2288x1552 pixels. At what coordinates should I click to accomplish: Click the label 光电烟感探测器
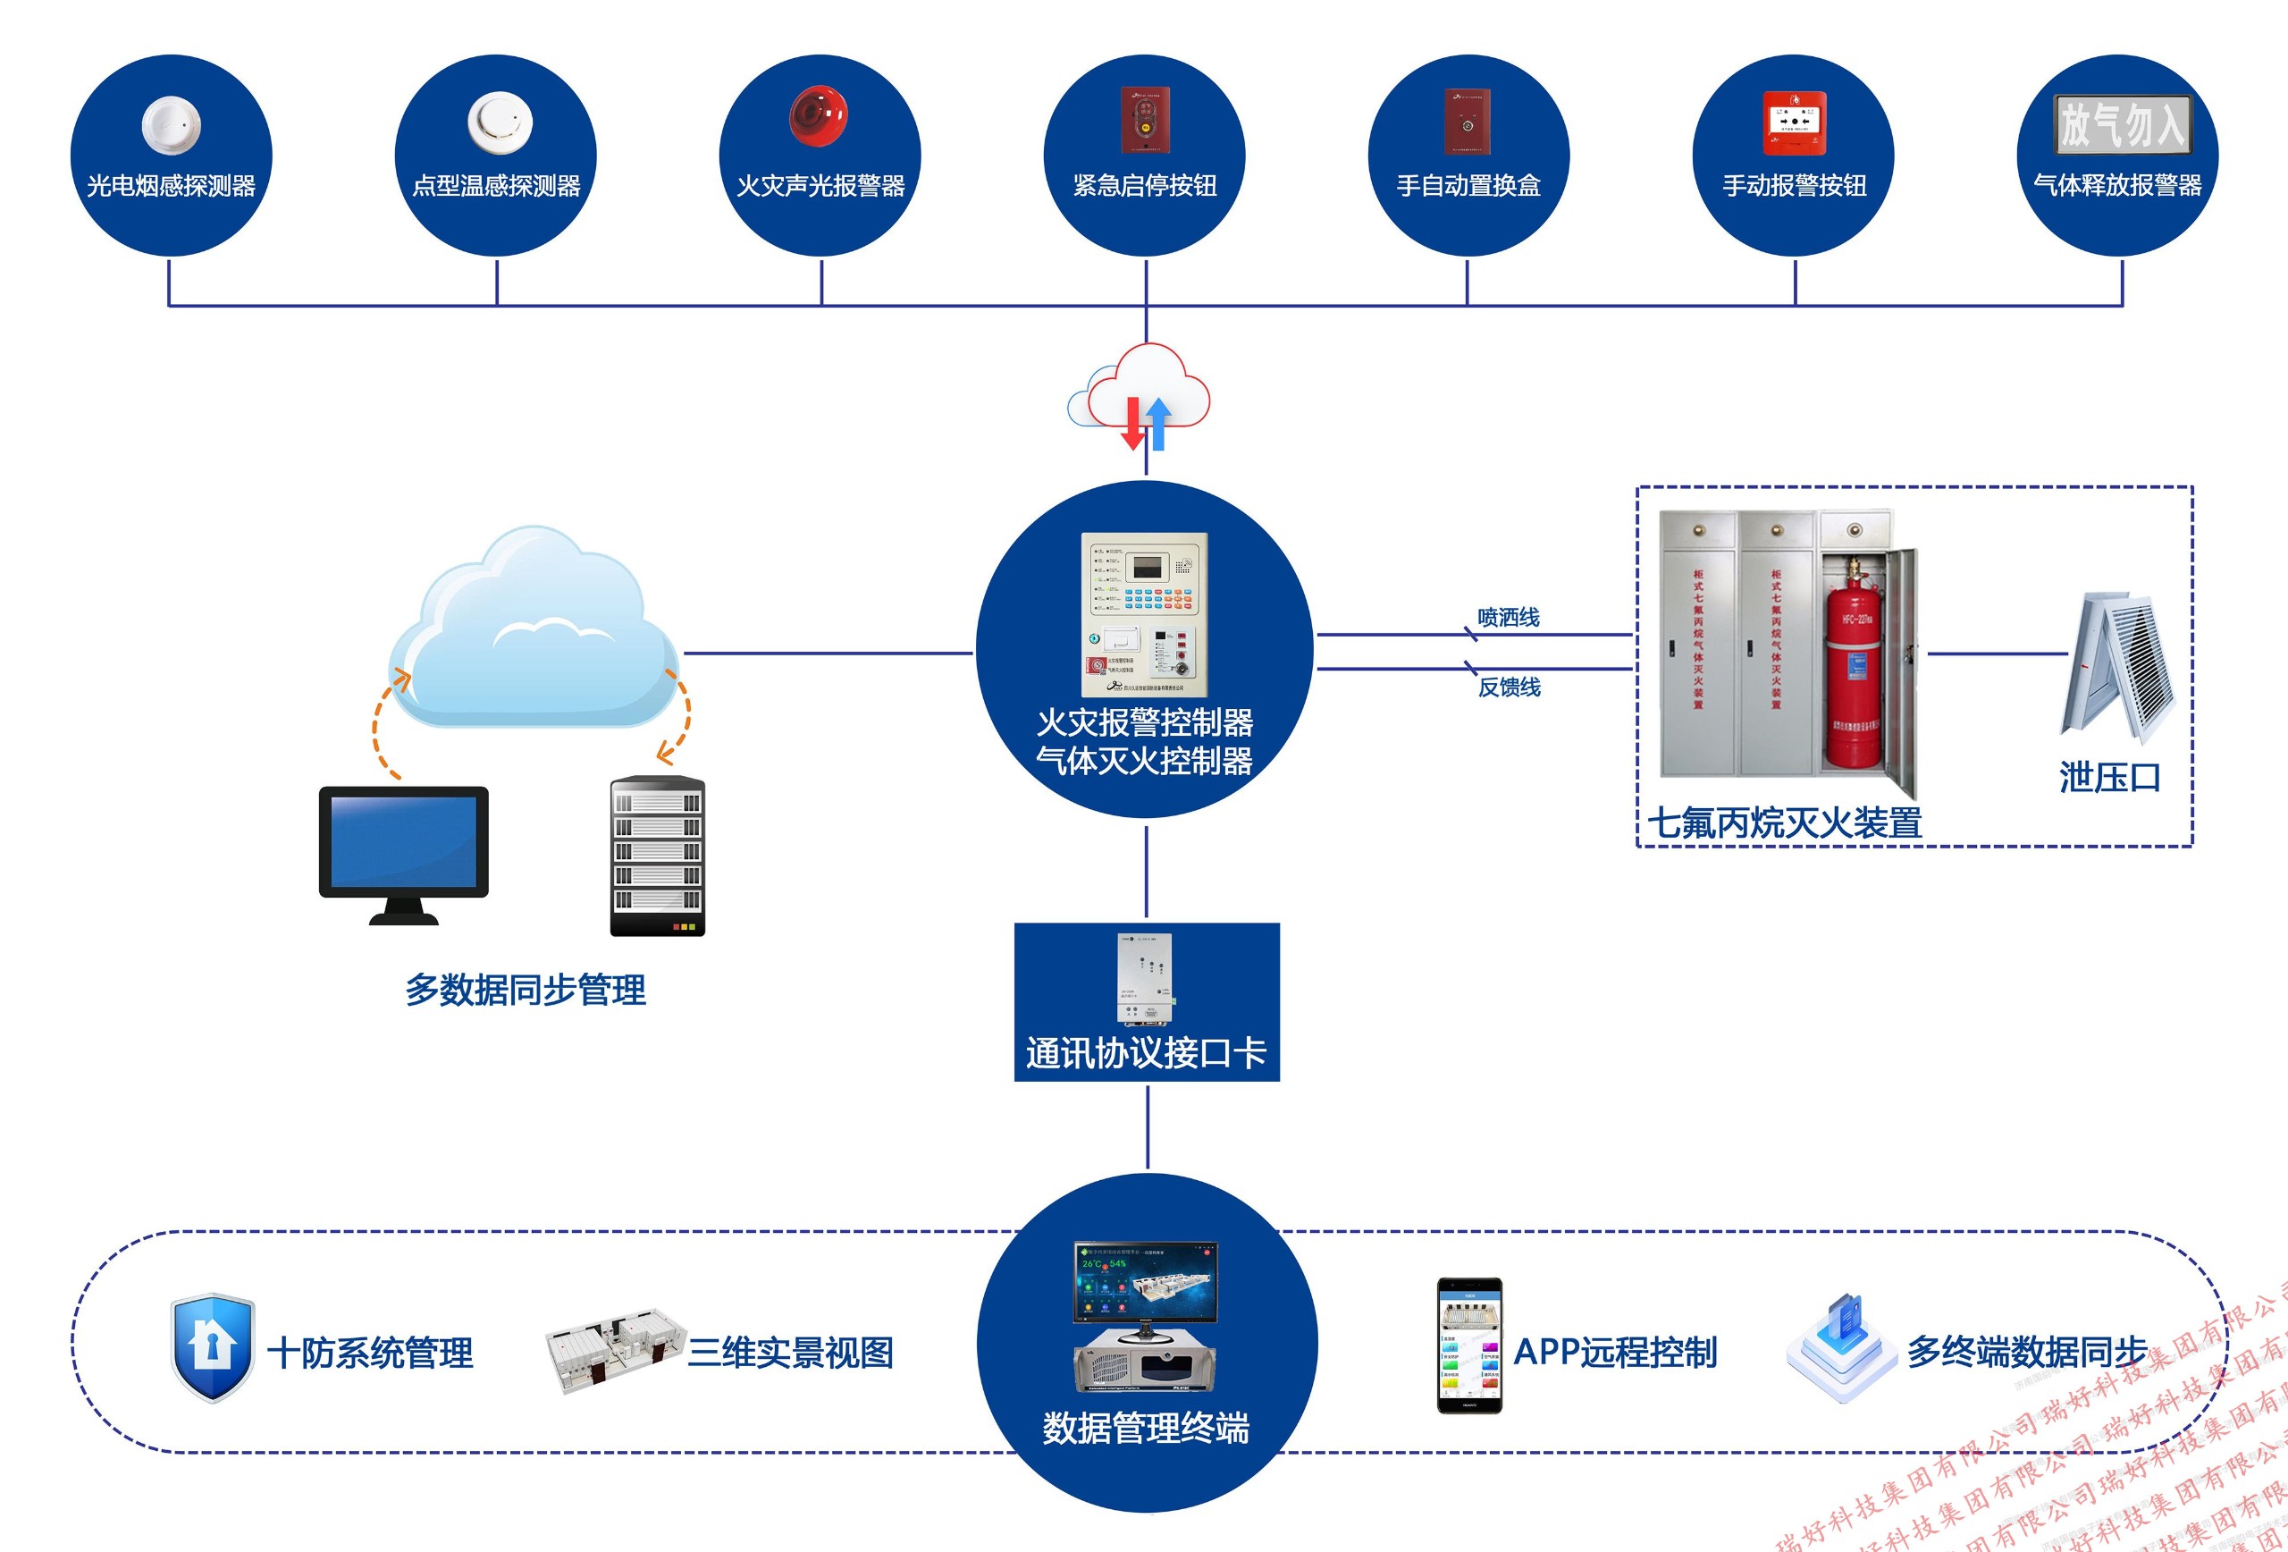pos(172,185)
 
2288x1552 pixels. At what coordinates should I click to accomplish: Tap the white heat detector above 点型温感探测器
pos(499,123)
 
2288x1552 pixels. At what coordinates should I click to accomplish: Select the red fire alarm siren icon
pos(817,116)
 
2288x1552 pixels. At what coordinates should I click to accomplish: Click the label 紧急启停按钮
pos(1145,185)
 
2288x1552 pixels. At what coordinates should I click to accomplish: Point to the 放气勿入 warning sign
pos(2122,124)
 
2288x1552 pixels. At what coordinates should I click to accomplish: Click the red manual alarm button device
pos(1794,123)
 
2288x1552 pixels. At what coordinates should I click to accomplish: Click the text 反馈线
pos(1509,687)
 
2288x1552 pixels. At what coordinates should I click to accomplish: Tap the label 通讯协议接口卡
pos(1146,1053)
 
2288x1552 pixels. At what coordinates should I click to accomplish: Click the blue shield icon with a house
pos(212,1346)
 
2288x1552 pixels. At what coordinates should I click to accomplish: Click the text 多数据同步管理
pos(526,990)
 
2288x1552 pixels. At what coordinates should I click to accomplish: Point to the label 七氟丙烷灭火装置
pos(1784,823)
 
